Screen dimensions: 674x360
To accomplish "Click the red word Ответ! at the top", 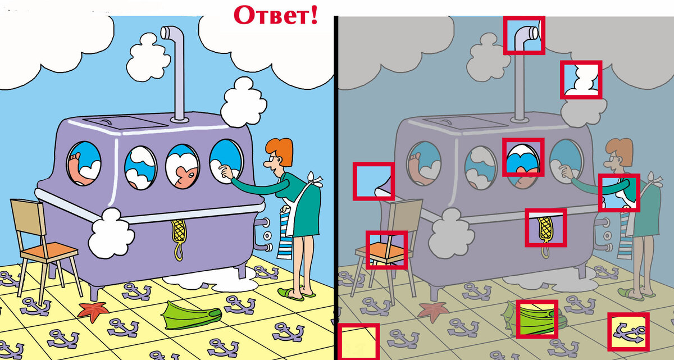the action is click(276, 15).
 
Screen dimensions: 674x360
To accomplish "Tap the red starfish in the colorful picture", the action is click(93, 311).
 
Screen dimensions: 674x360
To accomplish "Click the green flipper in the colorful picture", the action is click(191, 315).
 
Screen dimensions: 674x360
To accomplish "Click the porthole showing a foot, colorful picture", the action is click(84, 163).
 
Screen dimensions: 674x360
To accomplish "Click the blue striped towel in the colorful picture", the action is click(284, 235).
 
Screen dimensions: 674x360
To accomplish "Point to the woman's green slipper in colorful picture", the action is click(290, 294).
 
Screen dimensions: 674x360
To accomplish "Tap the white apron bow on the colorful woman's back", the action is click(314, 180).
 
